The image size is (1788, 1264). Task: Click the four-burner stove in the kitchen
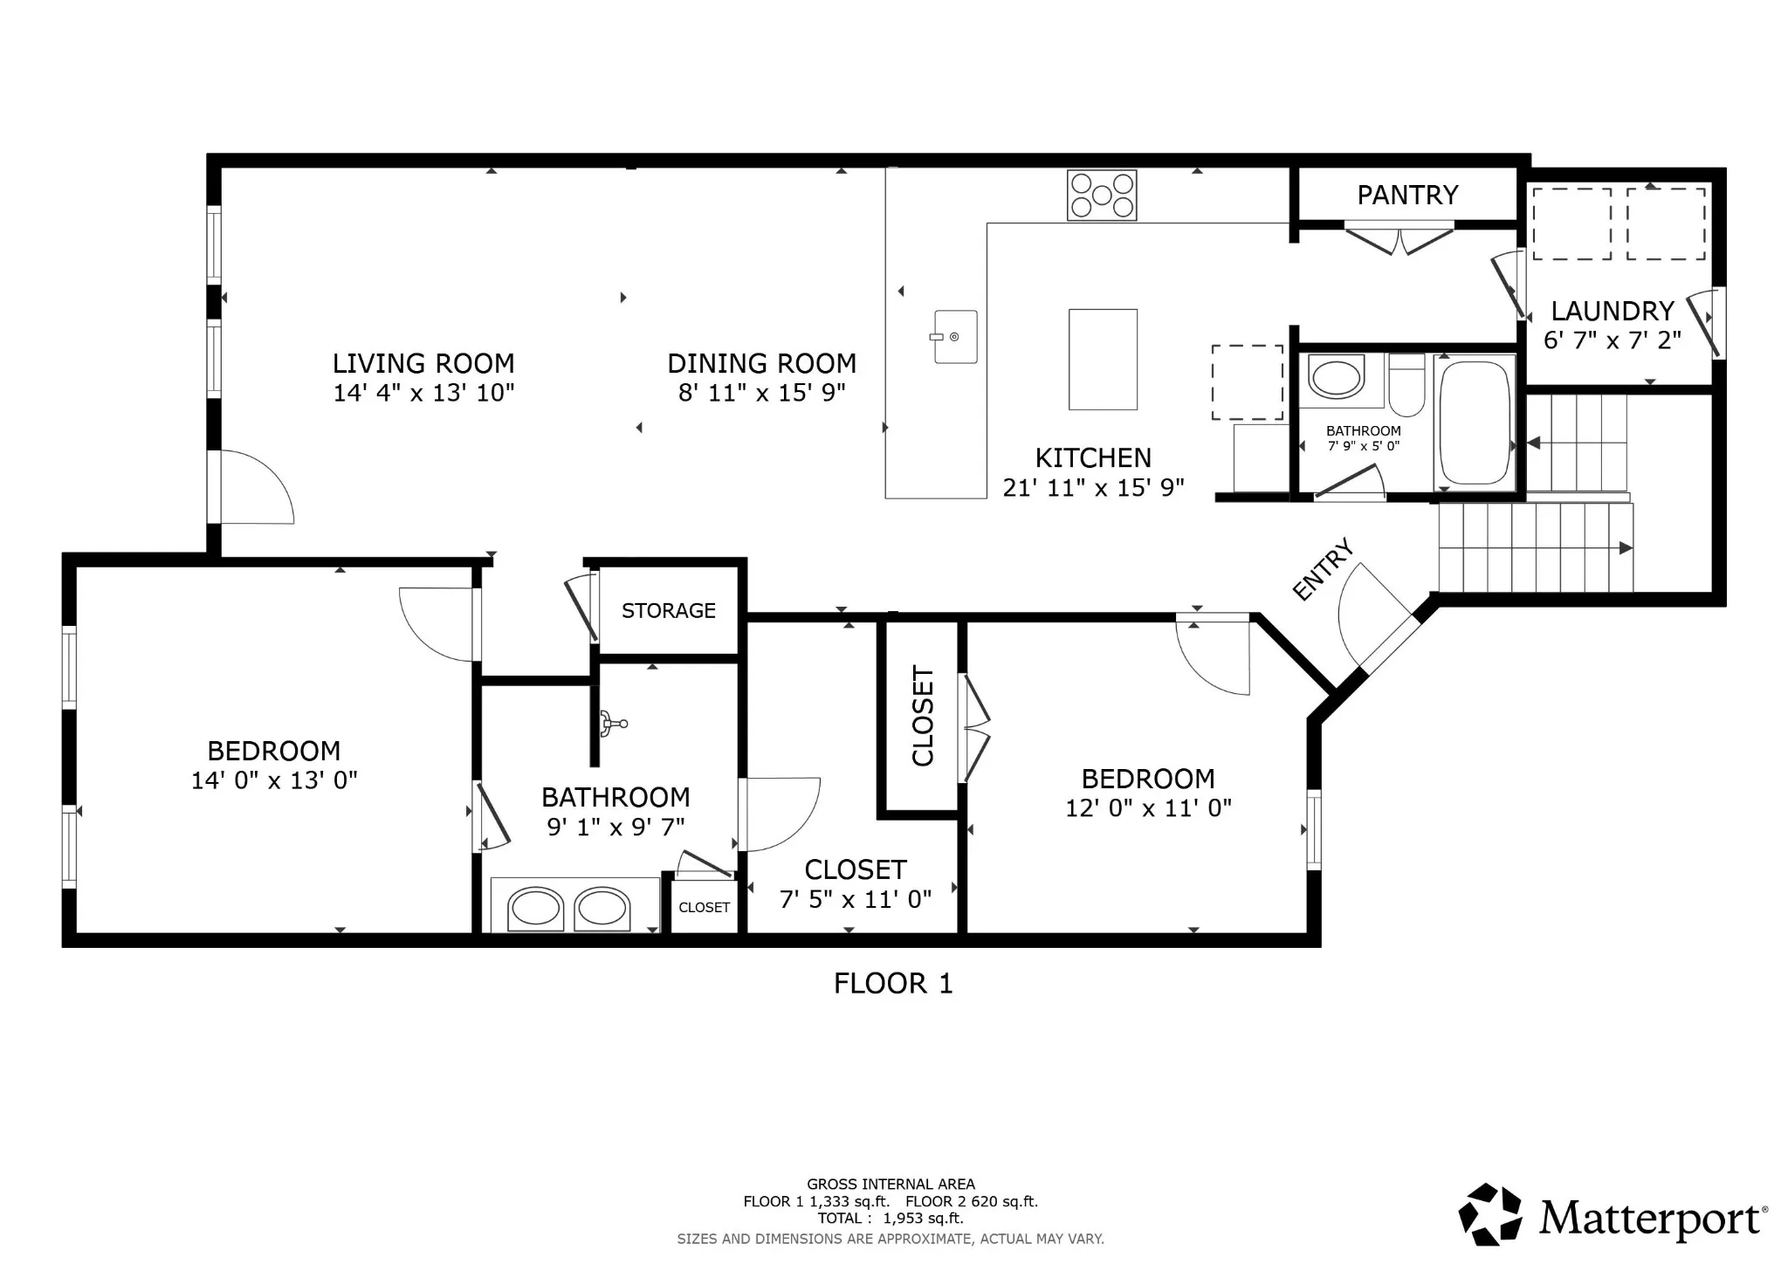(x=1102, y=195)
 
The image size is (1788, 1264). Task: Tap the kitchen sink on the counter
(x=955, y=336)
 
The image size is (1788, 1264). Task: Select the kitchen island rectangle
(x=1103, y=359)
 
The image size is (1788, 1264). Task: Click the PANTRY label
(x=1407, y=195)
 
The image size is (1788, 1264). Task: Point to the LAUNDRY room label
(x=1612, y=311)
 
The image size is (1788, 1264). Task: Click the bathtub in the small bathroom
(x=1475, y=422)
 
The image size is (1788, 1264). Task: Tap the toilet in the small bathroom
(x=1406, y=384)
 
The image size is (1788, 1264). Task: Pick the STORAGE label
(x=668, y=610)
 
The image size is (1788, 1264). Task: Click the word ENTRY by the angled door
(x=1323, y=569)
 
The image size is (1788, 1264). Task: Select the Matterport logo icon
(x=1489, y=1214)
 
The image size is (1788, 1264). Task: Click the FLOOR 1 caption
(x=892, y=984)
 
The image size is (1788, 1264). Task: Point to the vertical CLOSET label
(x=923, y=716)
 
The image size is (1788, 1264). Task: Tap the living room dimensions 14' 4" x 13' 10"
(x=423, y=393)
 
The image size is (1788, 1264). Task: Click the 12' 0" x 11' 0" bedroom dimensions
(x=1148, y=807)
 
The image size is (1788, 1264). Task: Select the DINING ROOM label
(x=761, y=363)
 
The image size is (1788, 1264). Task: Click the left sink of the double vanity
(x=535, y=908)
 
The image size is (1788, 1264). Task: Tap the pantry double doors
(x=1399, y=240)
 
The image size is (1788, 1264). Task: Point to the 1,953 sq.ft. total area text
(x=923, y=1218)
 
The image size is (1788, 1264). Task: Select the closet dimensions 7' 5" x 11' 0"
(x=856, y=899)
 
